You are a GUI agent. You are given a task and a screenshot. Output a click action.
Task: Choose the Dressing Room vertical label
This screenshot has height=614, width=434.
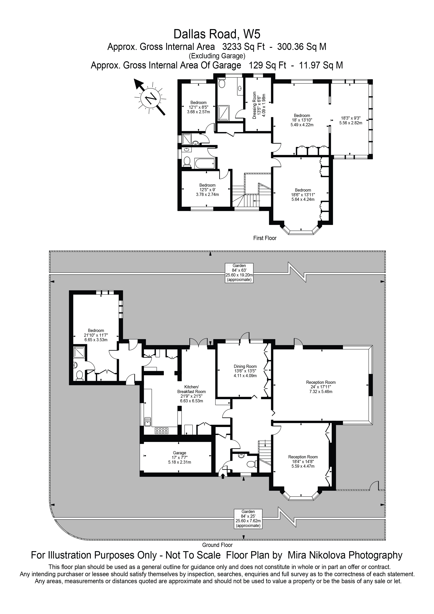pos(259,105)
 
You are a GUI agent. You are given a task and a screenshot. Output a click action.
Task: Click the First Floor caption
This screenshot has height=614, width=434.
pos(265,238)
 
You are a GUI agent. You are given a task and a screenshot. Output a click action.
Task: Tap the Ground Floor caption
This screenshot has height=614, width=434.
pos(217,545)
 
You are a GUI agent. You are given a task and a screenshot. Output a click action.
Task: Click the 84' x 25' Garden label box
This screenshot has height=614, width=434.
pos(248,519)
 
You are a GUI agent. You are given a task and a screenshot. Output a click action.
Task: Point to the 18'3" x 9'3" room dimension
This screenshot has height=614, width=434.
pos(351,120)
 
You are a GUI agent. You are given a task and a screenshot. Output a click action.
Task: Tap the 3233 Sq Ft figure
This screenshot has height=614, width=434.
pos(243,47)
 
